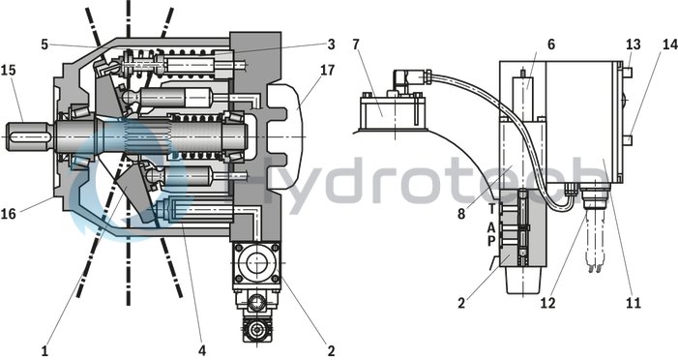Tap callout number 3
[331, 44]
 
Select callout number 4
[201, 344]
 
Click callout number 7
[355, 45]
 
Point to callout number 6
[550, 45]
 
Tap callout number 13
[633, 45]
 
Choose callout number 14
[668, 45]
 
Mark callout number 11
[634, 302]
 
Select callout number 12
[548, 302]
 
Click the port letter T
[492, 208]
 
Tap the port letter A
[492, 226]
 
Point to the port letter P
[492, 241]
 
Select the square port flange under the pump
[256, 265]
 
